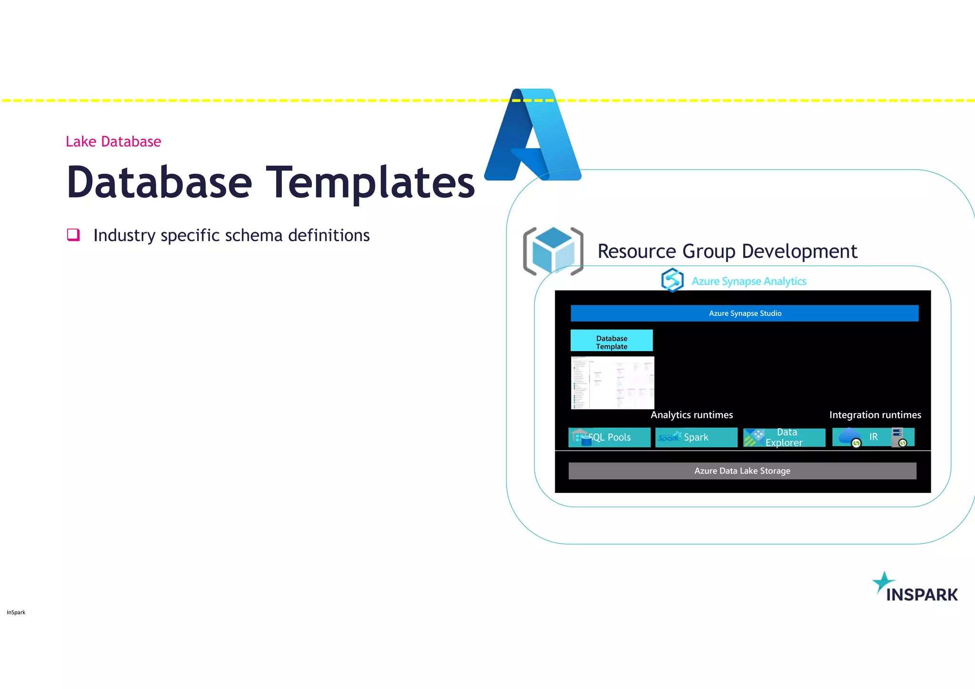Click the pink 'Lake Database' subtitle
[x=113, y=141]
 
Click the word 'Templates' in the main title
[x=370, y=182]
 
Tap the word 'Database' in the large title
[x=159, y=182]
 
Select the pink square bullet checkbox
[x=73, y=235]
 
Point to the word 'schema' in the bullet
[x=253, y=236]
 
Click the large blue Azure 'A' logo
[x=532, y=136]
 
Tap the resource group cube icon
[x=553, y=251]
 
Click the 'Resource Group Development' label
[x=727, y=251]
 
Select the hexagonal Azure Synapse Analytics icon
[x=672, y=280]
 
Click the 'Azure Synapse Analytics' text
[x=748, y=281]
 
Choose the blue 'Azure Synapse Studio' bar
[x=744, y=313]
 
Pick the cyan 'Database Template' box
[x=611, y=341]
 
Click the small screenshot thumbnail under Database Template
[x=612, y=383]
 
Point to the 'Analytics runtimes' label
[x=691, y=415]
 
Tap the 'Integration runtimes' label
[x=875, y=415]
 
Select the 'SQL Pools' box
[x=609, y=437]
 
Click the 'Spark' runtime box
[x=696, y=437]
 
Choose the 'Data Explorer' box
[x=784, y=437]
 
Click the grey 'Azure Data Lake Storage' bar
[x=742, y=471]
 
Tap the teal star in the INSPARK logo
[x=883, y=582]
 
